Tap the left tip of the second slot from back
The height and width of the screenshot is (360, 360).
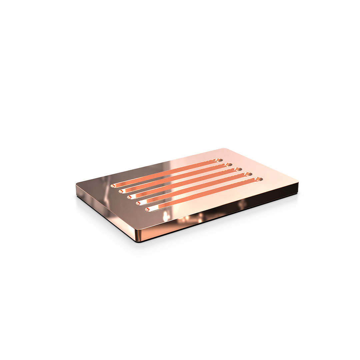[121, 191]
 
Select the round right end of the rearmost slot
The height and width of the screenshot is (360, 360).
[220, 160]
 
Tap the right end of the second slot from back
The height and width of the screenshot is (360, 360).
[229, 165]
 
